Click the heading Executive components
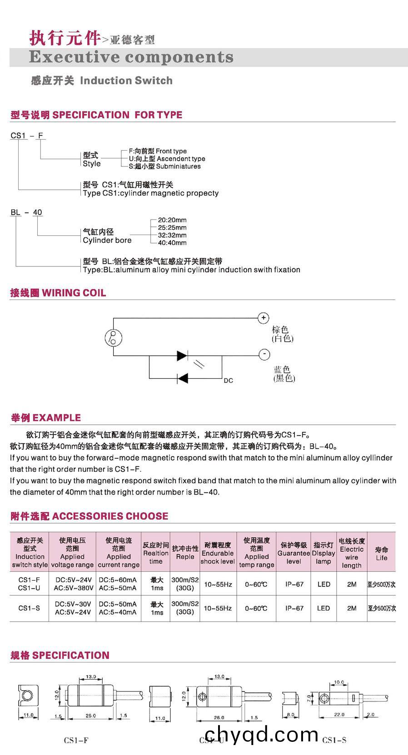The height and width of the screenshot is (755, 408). click(x=131, y=58)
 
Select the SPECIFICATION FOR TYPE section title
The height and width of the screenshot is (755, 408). click(x=96, y=115)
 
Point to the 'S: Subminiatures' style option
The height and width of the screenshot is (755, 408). click(x=164, y=167)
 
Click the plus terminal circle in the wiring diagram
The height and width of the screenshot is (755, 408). click(x=264, y=318)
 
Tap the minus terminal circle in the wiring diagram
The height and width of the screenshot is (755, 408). click(x=264, y=354)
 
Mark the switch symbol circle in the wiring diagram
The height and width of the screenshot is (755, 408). click(x=114, y=337)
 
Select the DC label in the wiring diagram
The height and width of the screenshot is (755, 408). click(x=228, y=380)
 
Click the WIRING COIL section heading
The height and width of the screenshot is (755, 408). click(x=58, y=293)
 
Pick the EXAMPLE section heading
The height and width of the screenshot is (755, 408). click(x=46, y=418)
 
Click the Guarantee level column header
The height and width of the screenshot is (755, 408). click(x=294, y=553)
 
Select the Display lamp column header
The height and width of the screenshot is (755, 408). click(x=323, y=553)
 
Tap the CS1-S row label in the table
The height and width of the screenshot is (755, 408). click(x=29, y=608)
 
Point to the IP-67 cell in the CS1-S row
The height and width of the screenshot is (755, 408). click(x=294, y=608)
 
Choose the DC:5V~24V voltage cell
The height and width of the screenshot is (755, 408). click(x=73, y=580)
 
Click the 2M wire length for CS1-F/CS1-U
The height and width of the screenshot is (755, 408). click(x=352, y=584)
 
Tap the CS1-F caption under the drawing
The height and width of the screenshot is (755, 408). click(x=76, y=740)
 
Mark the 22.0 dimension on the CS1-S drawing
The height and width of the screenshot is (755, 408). click(x=339, y=715)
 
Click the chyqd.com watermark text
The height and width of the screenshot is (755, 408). click(x=262, y=734)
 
